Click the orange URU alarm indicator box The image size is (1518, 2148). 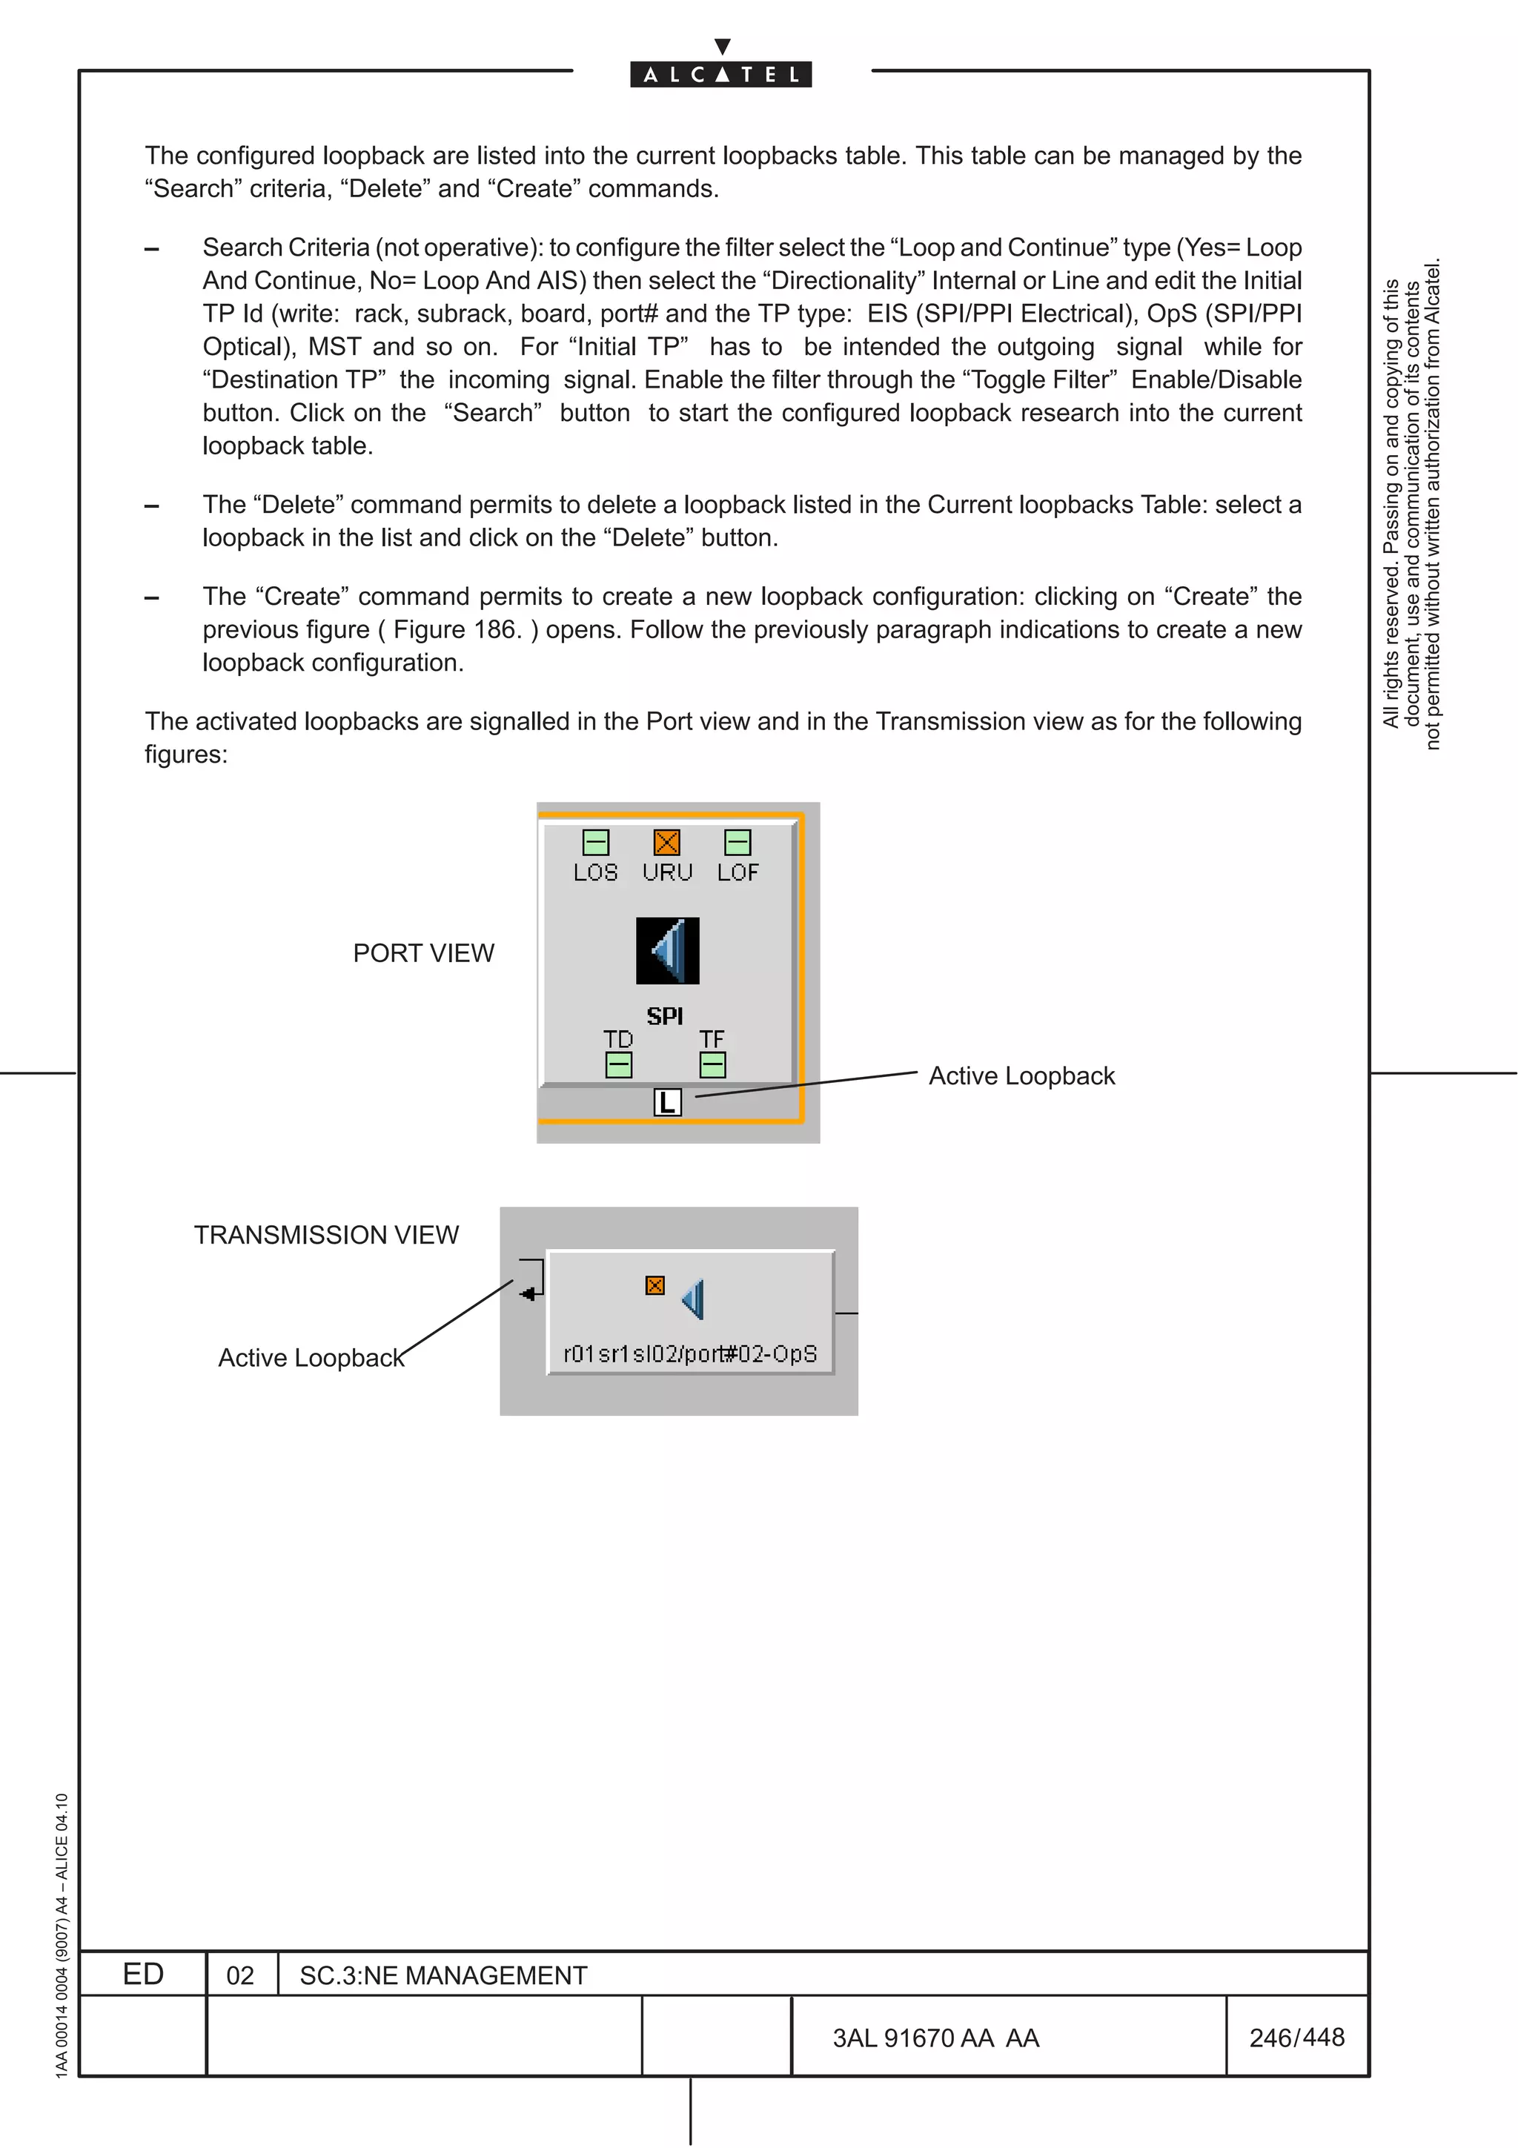coord(666,842)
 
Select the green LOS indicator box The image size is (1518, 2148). coord(596,842)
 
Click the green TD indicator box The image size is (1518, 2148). coord(618,1064)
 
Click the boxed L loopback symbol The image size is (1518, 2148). coord(667,1102)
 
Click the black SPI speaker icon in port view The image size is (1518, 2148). coord(667,950)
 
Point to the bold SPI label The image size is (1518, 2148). coord(665,1016)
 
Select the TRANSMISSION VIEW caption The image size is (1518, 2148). coord(326,1235)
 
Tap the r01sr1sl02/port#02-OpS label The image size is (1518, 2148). coord(690,1353)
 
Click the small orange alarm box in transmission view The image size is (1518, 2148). coord(654,1285)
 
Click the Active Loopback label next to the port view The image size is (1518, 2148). coord(1021,1076)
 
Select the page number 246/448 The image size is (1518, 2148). coord(1296,2038)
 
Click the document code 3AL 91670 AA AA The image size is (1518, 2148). coord(935,2038)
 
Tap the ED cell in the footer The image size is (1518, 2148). coord(143,1974)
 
